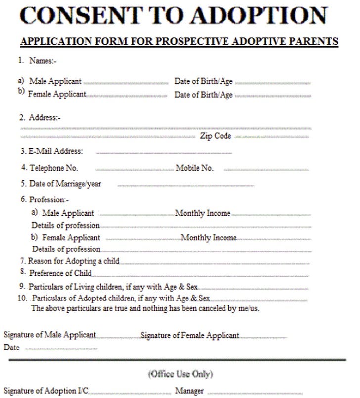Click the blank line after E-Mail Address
164,153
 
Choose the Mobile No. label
194,168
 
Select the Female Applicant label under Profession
71,238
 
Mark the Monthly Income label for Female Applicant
209,238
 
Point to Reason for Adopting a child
73,261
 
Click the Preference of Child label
60,273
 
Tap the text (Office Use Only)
180,374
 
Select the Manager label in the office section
189,391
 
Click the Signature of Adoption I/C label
46,391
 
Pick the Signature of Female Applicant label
190,335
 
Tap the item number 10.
22,298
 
